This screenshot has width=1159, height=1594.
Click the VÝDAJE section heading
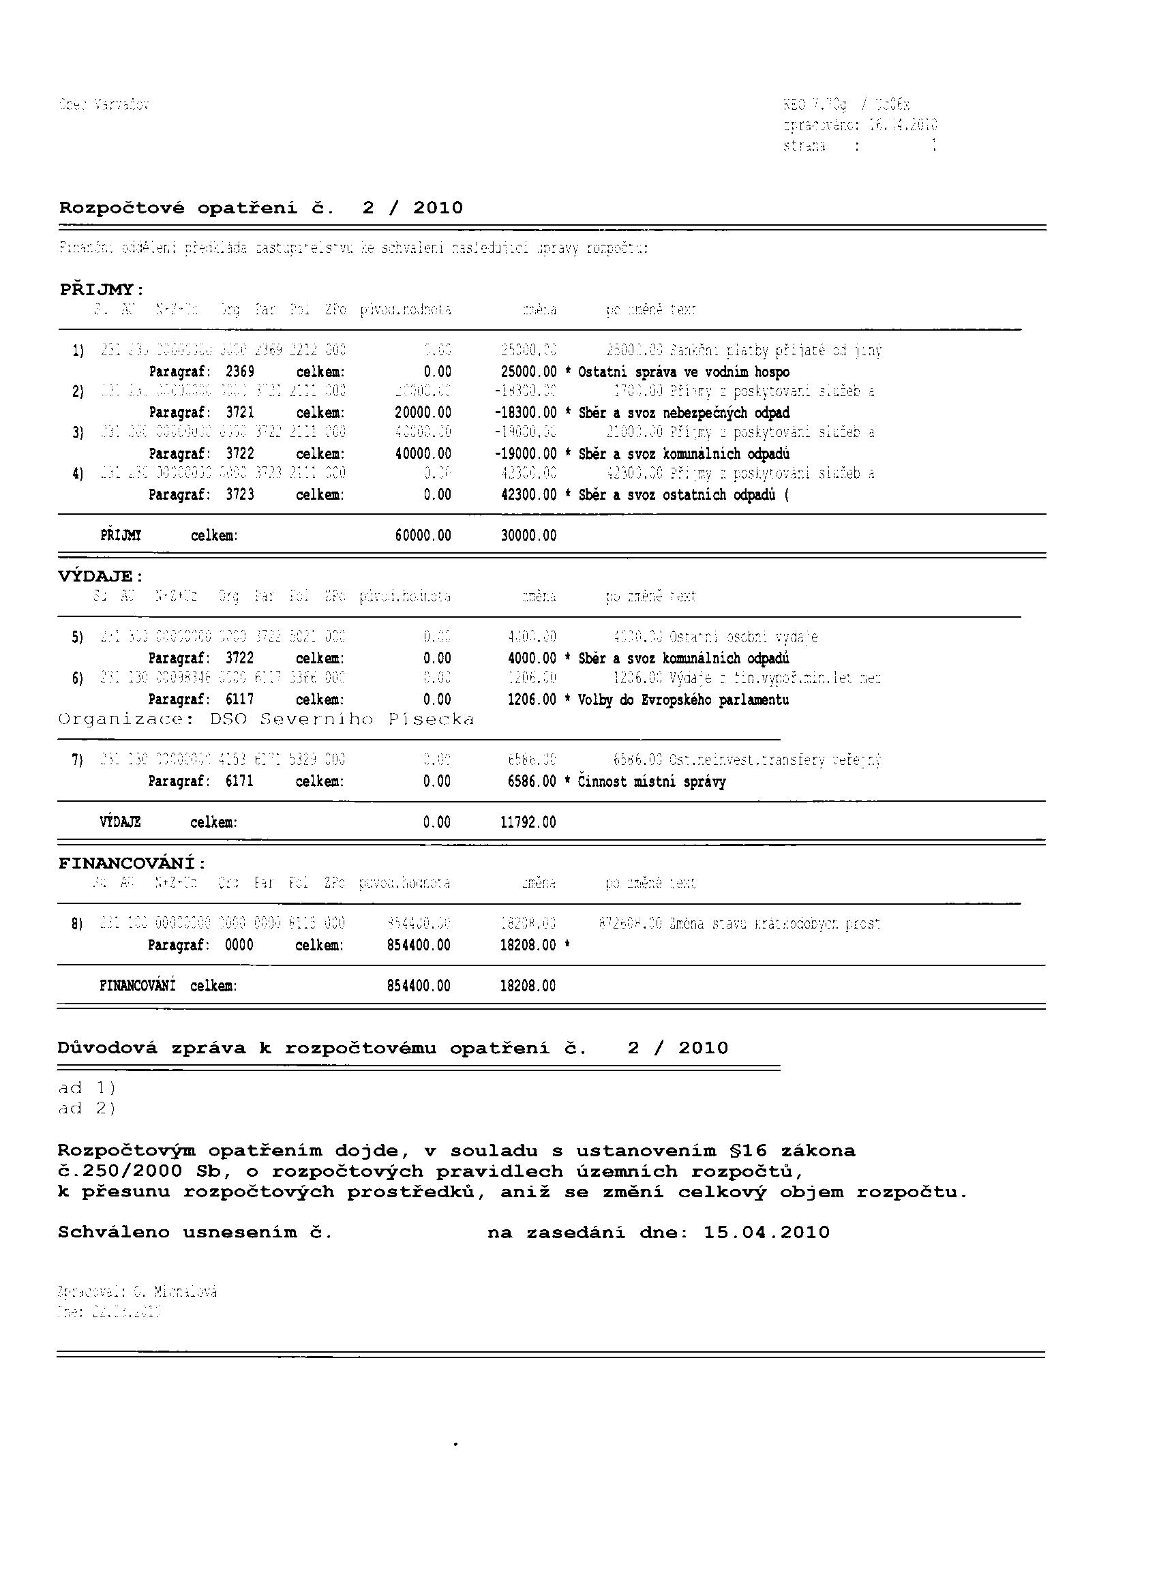[x=100, y=576]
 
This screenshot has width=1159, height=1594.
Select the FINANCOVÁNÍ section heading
[x=132, y=863]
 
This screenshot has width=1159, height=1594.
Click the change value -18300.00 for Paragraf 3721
[x=525, y=412]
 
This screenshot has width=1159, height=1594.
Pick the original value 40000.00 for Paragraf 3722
[x=423, y=453]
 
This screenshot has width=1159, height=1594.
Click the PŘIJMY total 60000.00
[x=423, y=536]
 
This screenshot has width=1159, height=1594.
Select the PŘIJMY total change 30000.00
[x=528, y=536]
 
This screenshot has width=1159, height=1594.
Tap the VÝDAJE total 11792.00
[x=528, y=822]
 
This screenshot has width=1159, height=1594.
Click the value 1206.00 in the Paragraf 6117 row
[x=532, y=700]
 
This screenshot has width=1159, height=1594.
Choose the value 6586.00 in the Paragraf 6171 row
[x=532, y=781]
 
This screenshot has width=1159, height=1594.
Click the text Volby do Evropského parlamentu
[x=683, y=700]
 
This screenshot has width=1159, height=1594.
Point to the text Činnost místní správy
[x=652, y=781]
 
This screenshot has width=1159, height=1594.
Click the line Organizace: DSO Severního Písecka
[x=266, y=720]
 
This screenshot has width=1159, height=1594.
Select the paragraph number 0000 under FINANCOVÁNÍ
[x=239, y=946]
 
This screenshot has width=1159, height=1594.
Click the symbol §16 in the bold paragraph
[x=742, y=1152]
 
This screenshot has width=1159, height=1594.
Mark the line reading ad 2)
[x=87, y=1109]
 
